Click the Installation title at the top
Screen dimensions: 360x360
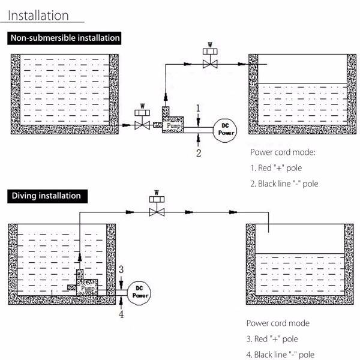pyautogui.click(x=38, y=16)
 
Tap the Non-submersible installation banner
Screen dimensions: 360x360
pyautogui.click(x=64, y=38)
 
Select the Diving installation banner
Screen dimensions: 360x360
pyautogui.click(x=47, y=196)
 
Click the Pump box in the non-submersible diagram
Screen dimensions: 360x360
pyautogui.click(x=173, y=125)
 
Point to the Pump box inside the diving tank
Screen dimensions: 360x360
pyautogui.click(x=87, y=287)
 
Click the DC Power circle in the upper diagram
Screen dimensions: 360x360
pyautogui.click(x=225, y=130)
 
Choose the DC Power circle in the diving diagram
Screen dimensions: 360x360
pyautogui.click(x=139, y=293)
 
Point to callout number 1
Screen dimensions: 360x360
pyautogui.click(x=199, y=108)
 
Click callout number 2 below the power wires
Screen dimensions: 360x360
pyautogui.click(x=199, y=153)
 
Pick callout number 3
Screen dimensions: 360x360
pyautogui.click(x=121, y=269)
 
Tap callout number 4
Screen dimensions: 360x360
pyautogui.click(x=121, y=314)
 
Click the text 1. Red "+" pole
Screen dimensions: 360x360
pyautogui.click(x=276, y=168)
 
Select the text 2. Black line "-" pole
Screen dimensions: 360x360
pyautogui.click(x=284, y=184)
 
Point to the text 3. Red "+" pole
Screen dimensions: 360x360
pyautogui.click(x=272, y=339)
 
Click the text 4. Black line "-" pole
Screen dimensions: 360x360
pyautogui.click(x=280, y=355)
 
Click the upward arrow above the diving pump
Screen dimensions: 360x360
pyautogui.click(x=80, y=257)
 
